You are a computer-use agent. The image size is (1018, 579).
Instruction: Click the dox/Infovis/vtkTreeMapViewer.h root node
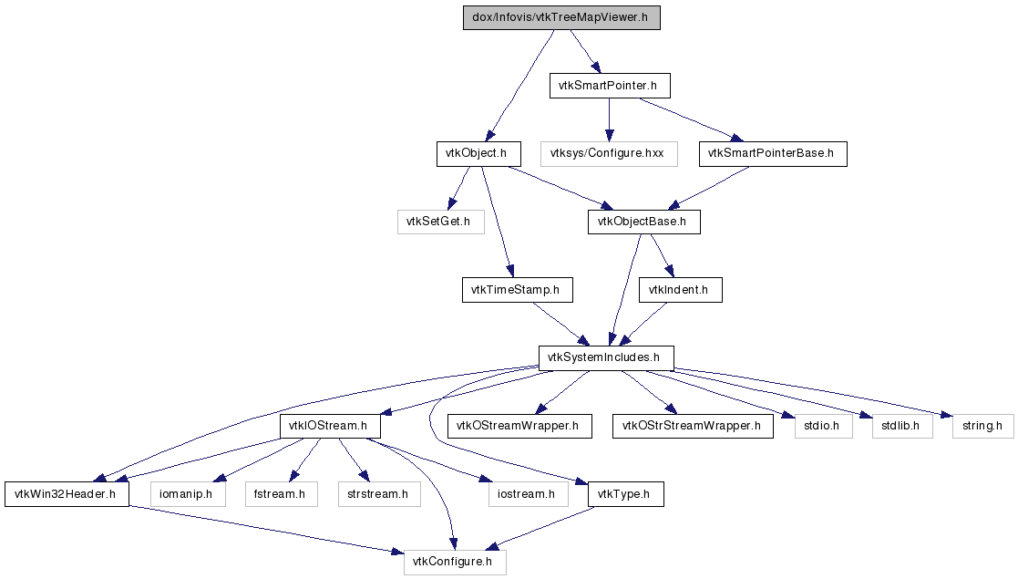pyautogui.click(x=561, y=17)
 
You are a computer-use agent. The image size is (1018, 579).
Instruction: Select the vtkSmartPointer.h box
pyautogui.click(x=610, y=86)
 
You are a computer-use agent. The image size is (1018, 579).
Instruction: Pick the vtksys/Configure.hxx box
pyautogui.click(x=609, y=154)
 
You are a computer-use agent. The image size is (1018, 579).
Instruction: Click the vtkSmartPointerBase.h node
pyautogui.click(x=773, y=154)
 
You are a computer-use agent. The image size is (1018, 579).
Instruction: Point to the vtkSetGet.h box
pyautogui.click(x=441, y=222)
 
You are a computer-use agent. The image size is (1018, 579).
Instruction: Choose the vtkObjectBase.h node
pyautogui.click(x=644, y=222)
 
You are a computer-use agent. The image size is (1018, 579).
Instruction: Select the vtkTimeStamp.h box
pyautogui.click(x=518, y=290)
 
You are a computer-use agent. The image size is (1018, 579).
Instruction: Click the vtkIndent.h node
pyautogui.click(x=681, y=290)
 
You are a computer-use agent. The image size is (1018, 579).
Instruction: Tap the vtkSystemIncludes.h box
pyautogui.click(x=606, y=358)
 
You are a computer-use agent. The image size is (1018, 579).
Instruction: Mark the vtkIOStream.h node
pyautogui.click(x=330, y=427)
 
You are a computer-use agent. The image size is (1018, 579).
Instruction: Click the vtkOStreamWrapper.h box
pyautogui.click(x=519, y=427)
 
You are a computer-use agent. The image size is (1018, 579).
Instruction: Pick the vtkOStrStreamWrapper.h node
pyautogui.click(x=693, y=427)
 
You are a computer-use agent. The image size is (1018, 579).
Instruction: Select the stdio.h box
pyautogui.click(x=823, y=427)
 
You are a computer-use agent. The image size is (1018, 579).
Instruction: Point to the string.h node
pyautogui.click(x=983, y=427)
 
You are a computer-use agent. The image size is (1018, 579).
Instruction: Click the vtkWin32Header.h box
pyautogui.click(x=67, y=494)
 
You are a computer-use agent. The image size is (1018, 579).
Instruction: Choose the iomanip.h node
pyautogui.click(x=188, y=494)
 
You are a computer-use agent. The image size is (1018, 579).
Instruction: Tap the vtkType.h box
pyautogui.click(x=626, y=494)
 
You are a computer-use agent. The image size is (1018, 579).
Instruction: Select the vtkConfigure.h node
pyautogui.click(x=455, y=562)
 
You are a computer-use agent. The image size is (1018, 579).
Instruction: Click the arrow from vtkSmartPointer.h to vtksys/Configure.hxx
pyautogui.click(x=609, y=119)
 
